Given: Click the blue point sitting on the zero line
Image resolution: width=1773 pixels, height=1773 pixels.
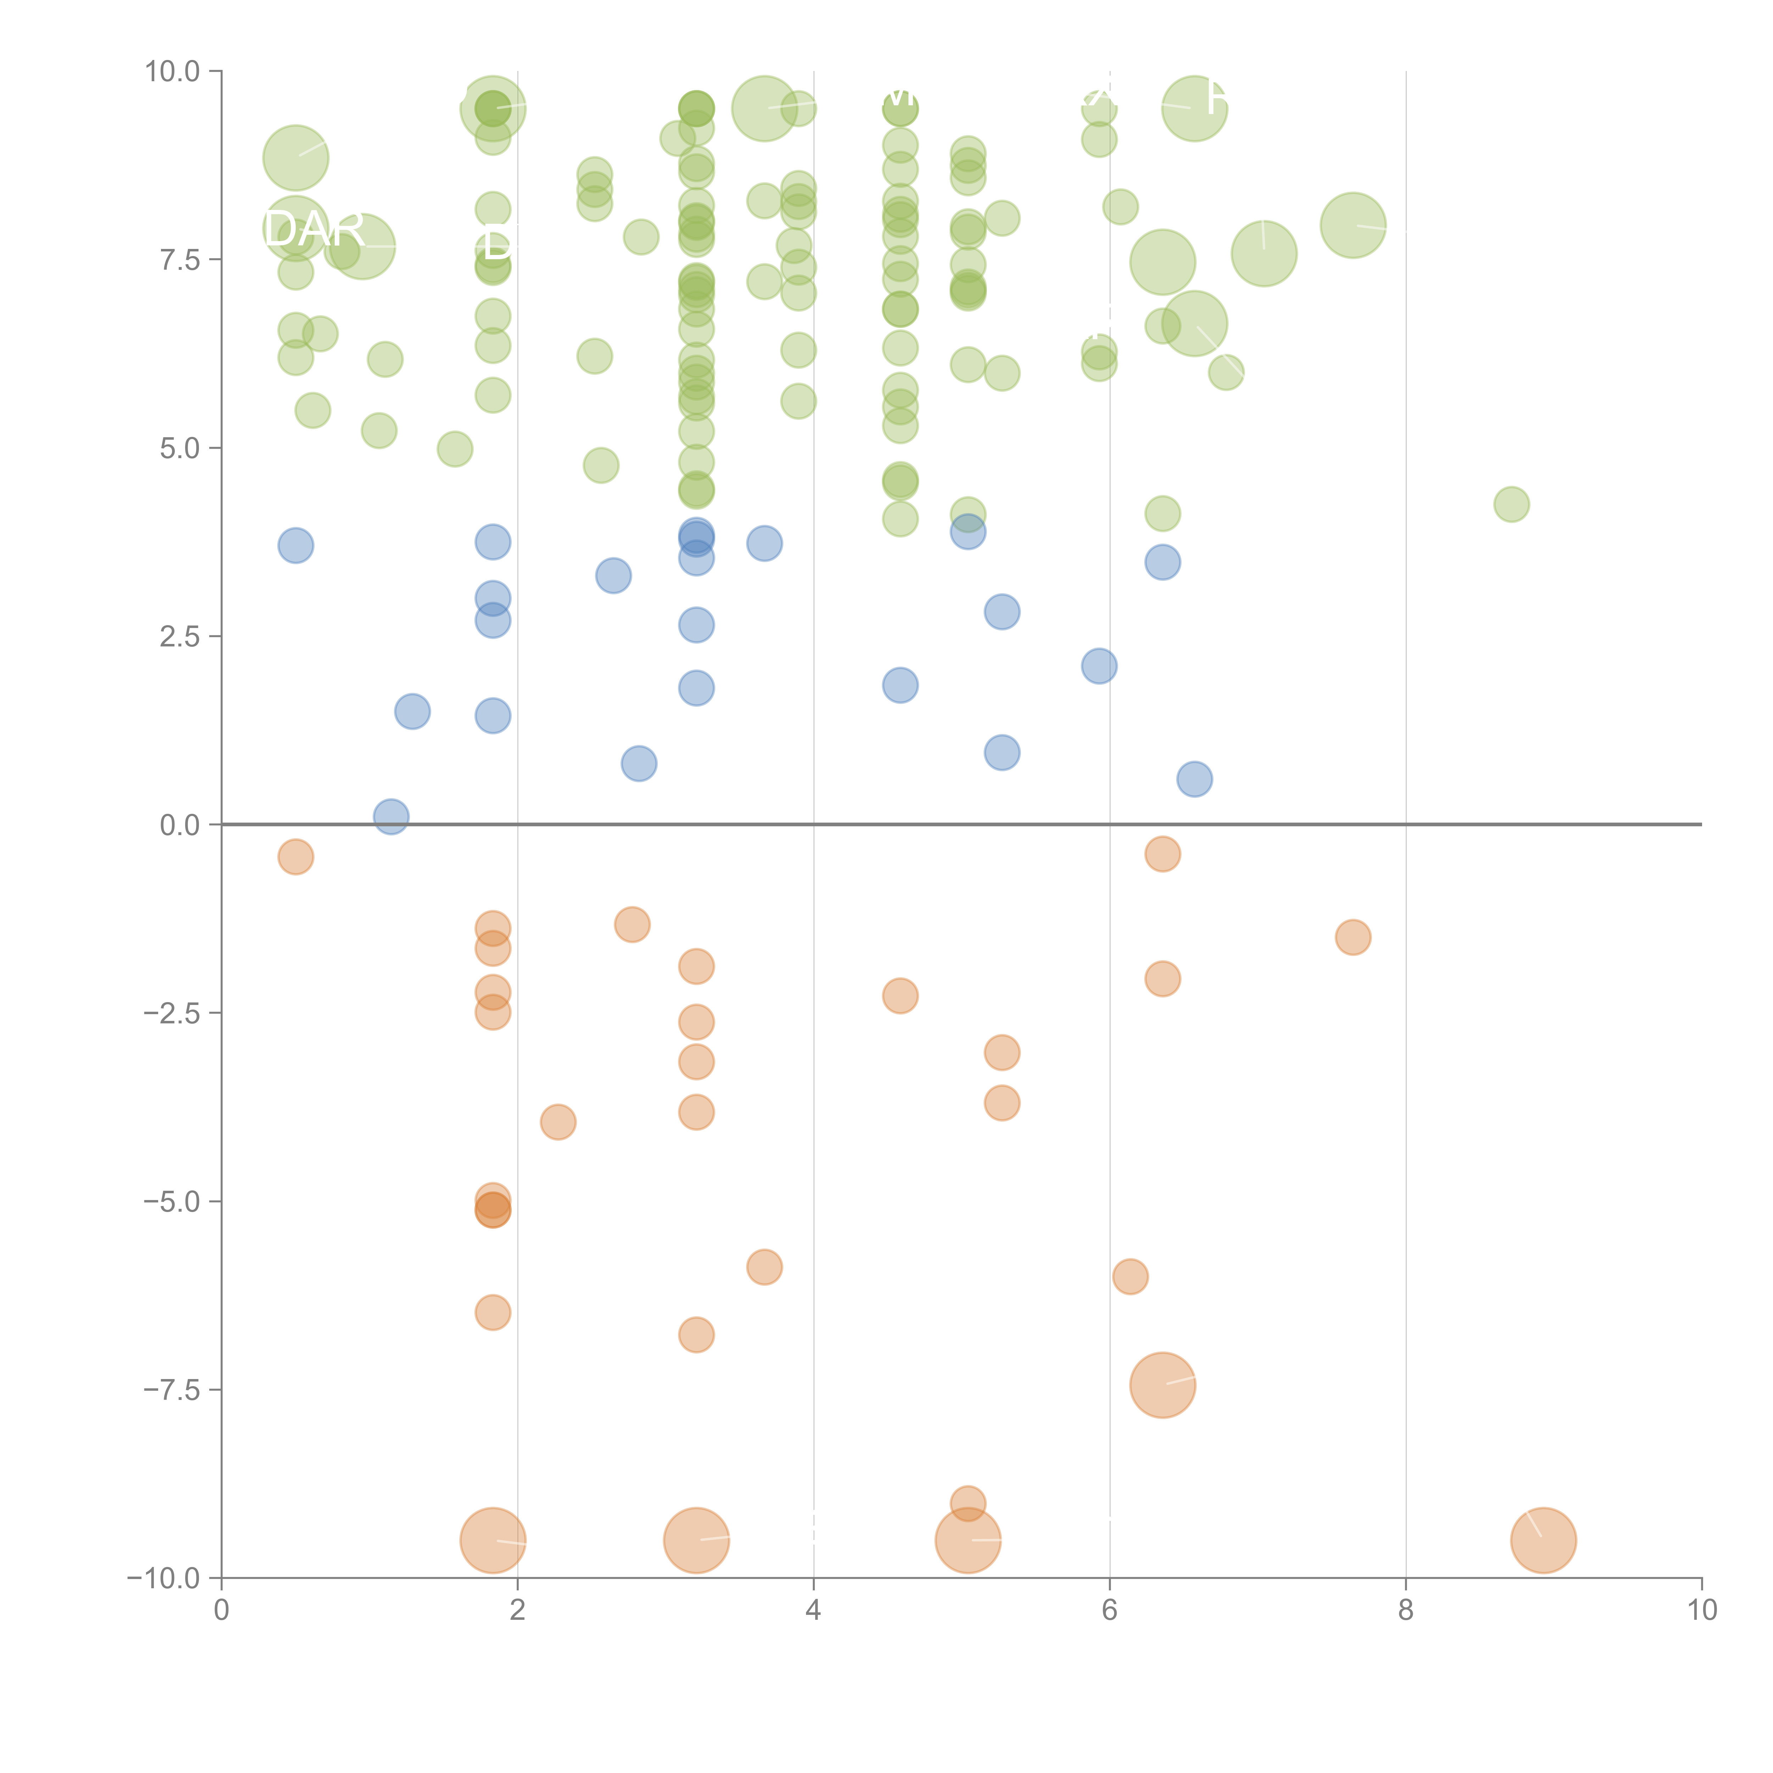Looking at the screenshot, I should [x=391, y=816].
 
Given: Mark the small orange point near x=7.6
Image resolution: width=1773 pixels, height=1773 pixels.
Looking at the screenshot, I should [x=1353, y=937].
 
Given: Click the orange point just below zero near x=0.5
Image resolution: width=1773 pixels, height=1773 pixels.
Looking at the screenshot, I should [x=295, y=857].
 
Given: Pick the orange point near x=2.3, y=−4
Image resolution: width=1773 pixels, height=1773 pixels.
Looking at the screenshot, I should [x=558, y=1122].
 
